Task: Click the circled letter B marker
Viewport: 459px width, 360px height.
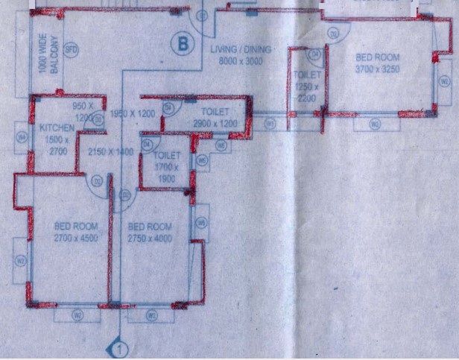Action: (180, 44)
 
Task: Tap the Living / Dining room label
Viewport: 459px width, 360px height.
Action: (242, 50)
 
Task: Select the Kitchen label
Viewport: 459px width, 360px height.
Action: (57, 128)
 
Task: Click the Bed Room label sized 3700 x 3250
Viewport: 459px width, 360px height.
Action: (378, 57)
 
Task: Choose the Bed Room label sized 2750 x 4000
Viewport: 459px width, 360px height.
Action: (149, 227)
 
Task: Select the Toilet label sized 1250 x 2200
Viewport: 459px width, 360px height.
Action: (306, 75)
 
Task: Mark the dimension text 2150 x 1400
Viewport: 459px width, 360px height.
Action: (110, 152)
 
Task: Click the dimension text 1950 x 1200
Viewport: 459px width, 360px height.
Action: (131, 113)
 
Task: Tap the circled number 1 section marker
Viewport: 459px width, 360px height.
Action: (118, 347)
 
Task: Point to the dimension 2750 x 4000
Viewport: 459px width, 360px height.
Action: (149, 238)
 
